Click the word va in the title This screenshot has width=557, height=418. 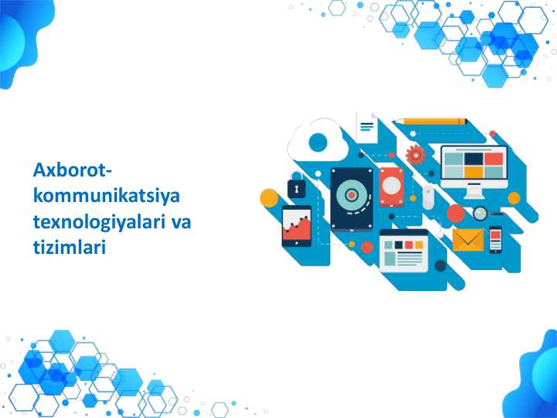(x=180, y=222)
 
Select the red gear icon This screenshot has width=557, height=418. (x=415, y=155)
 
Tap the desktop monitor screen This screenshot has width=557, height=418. (x=473, y=163)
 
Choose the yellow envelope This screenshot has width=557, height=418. (x=467, y=240)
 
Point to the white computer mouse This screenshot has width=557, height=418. (x=428, y=197)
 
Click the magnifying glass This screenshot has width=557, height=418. (x=480, y=214)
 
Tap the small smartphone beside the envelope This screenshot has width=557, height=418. (x=496, y=240)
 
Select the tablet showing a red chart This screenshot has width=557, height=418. (x=296, y=226)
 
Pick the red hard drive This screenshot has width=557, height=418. (x=391, y=187)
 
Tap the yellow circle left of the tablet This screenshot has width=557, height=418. (x=268, y=198)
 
